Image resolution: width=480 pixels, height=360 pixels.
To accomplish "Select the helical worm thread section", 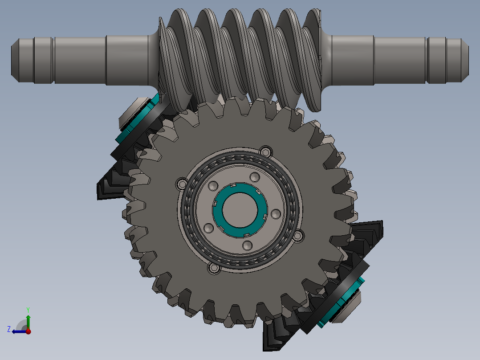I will pos(240,58).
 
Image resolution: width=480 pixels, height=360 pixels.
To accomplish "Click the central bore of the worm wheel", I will pos(240,209).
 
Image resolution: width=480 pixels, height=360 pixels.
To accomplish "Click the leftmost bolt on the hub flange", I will pos(182,184).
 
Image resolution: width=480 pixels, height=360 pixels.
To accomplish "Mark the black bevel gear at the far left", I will pos(111,185).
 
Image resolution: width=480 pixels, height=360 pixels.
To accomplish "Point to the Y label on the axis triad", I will pos(28,309).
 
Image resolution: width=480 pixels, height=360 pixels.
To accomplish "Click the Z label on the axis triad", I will pos(9,329).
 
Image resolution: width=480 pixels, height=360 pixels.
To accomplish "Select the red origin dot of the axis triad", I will pos(28,331).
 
